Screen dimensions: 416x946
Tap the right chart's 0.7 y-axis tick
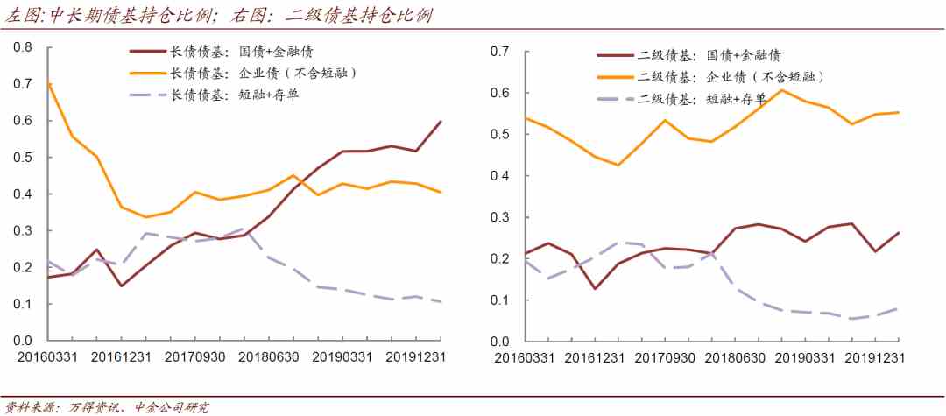pos(500,52)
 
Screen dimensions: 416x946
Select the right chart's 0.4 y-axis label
pos(500,176)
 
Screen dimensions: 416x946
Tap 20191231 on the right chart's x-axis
pos(874,358)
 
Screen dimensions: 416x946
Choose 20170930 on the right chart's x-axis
pos(664,358)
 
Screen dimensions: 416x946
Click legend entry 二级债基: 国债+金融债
pos(710,56)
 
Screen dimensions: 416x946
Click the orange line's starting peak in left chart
pos(48,84)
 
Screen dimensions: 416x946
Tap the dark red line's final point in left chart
pos(441,121)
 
